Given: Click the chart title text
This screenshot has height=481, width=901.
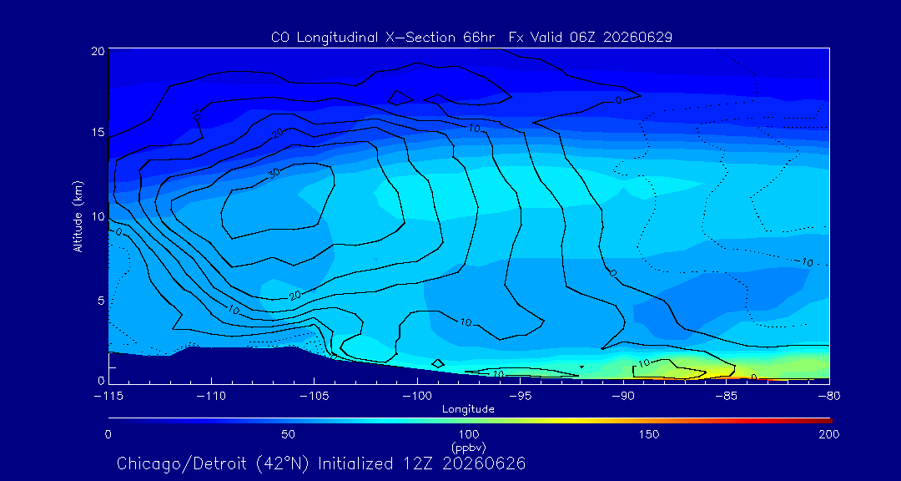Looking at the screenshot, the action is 471,38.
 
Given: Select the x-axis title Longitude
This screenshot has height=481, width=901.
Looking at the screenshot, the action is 468,410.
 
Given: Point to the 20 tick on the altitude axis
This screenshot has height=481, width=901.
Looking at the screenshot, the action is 97,51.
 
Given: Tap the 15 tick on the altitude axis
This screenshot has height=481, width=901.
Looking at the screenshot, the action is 97,132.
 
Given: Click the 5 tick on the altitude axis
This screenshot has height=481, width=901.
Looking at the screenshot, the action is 100,301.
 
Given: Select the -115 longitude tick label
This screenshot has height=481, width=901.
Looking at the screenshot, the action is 108,396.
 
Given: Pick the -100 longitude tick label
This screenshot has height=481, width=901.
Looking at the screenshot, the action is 417,396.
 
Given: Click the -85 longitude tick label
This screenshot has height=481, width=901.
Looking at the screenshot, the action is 727,396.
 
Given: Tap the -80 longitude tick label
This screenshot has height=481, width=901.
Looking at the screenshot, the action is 829,396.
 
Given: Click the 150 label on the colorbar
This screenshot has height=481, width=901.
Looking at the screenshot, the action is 649,434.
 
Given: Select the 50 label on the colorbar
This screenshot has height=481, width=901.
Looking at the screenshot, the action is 289,434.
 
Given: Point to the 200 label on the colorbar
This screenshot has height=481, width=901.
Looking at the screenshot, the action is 829,434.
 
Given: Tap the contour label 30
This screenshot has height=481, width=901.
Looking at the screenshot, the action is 275,172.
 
